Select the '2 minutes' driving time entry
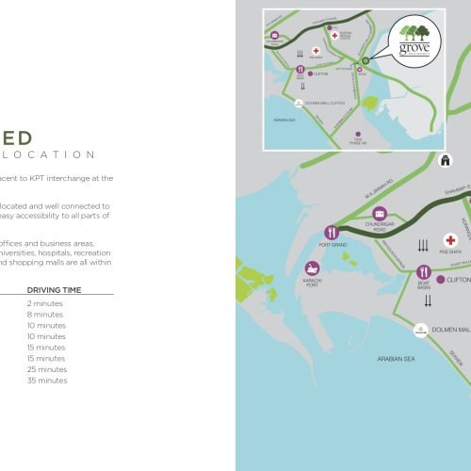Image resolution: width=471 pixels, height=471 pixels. pyautogui.click(x=45, y=303)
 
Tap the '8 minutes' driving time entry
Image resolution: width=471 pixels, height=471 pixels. pyautogui.click(x=45, y=315)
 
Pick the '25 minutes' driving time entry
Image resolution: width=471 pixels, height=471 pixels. pyautogui.click(x=47, y=369)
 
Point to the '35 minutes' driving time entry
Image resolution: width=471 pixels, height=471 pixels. pyautogui.click(x=47, y=381)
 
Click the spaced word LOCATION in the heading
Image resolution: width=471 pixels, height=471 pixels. pyautogui.click(x=48, y=154)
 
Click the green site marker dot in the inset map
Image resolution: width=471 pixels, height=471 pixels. pyautogui.click(x=365, y=61)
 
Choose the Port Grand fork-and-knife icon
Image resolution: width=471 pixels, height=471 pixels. pyautogui.click(x=331, y=232)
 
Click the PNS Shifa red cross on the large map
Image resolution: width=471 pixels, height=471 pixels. pyautogui.click(x=450, y=240)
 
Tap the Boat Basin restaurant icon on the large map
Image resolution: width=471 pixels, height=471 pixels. pyautogui.click(x=423, y=272)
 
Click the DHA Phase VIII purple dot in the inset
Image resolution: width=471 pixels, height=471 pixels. pyautogui.click(x=357, y=134)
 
